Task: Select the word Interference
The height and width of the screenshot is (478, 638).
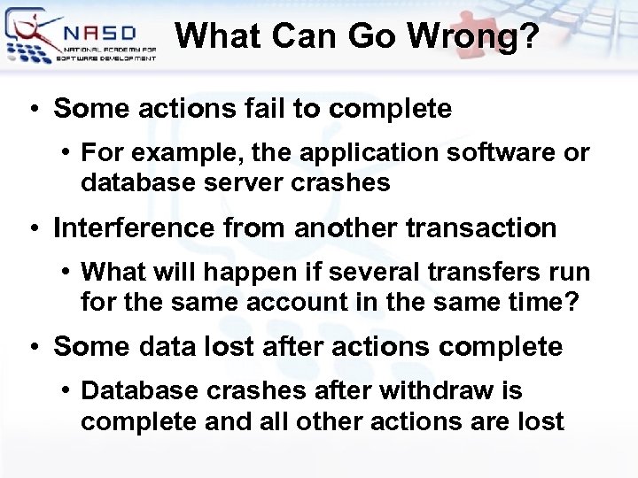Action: click(133, 227)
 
